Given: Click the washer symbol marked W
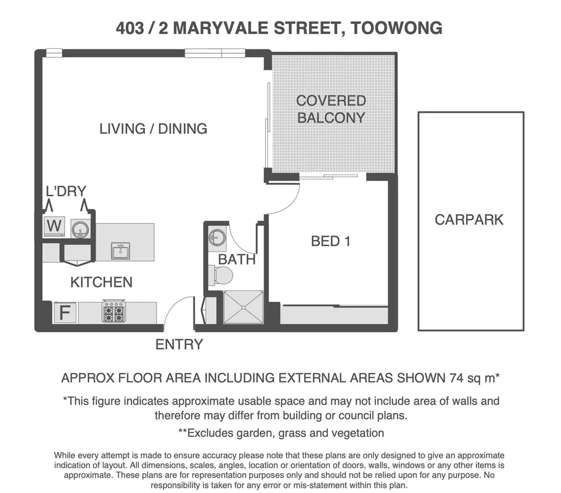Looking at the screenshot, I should point(54,226).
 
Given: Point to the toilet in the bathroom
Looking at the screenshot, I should point(220,275).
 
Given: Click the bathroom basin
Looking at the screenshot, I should point(216,237).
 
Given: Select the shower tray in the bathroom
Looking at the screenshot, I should point(244,307).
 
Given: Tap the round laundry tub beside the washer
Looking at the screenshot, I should point(79,228).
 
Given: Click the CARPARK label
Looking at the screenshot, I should point(469,219).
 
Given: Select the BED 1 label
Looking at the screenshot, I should point(330,241).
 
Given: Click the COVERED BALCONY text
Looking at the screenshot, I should point(331,109).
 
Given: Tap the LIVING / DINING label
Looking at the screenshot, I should point(153,129).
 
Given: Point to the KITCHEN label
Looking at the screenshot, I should point(101,282).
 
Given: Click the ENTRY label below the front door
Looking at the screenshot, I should point(179,345).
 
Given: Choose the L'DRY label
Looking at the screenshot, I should point(66,191).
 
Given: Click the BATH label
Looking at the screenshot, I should point(237,259).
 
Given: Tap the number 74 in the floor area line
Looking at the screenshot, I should point(458,378).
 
